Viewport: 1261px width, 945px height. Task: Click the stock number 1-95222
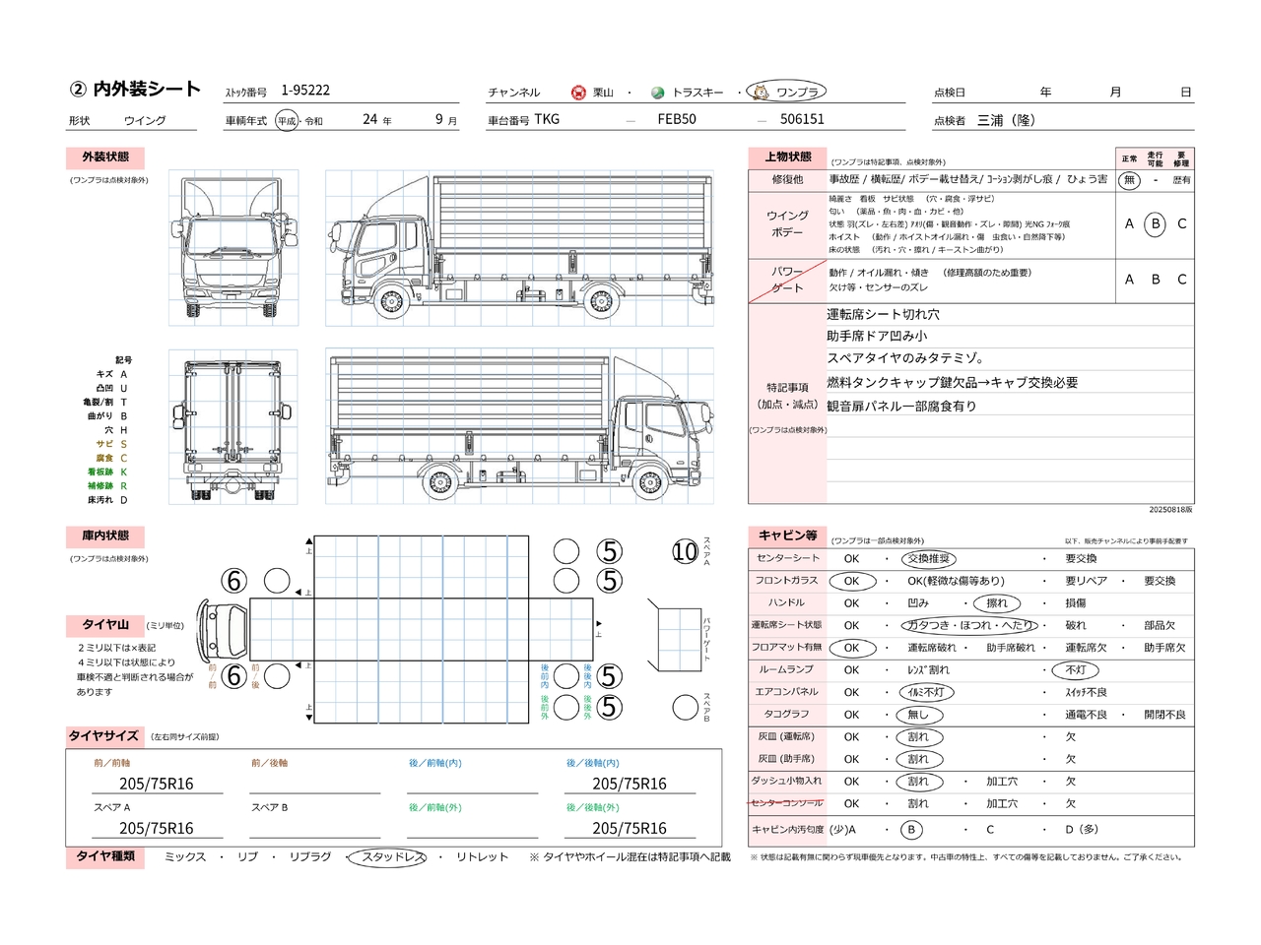[x=305, y=91]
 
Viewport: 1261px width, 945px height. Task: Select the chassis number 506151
[x=802, y=119]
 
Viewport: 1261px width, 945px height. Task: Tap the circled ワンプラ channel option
[x=787, y=92]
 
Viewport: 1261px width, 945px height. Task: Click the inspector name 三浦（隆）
[x=1006, y=120]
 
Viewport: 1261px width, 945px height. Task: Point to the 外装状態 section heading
[x=105, y=157]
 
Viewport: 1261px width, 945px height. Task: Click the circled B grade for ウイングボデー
[x=1156, y=223]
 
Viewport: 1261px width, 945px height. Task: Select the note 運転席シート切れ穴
[x=883, y=315]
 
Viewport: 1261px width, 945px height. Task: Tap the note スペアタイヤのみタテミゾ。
[x=905, y=358]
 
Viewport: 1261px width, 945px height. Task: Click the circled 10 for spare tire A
[x=685, y=551]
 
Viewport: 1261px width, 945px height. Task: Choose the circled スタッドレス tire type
[x=388, y=857]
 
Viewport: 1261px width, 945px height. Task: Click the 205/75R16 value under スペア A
[x=156, y=828]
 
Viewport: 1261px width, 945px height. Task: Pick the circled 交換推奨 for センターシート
[x=929, y=558]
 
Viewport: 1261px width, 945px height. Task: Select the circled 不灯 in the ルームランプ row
[x=1075, y=669]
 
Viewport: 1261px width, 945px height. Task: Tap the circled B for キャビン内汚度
[x=911, y=830]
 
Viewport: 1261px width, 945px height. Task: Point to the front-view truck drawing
[x=233, y=248]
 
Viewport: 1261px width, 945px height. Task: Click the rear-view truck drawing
[x=233, y=427]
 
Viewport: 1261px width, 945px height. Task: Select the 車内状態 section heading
[x=105, y=536]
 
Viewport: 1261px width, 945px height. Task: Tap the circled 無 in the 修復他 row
[x=1129, y=180]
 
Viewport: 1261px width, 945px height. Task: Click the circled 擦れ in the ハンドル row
[x=996, y=603]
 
